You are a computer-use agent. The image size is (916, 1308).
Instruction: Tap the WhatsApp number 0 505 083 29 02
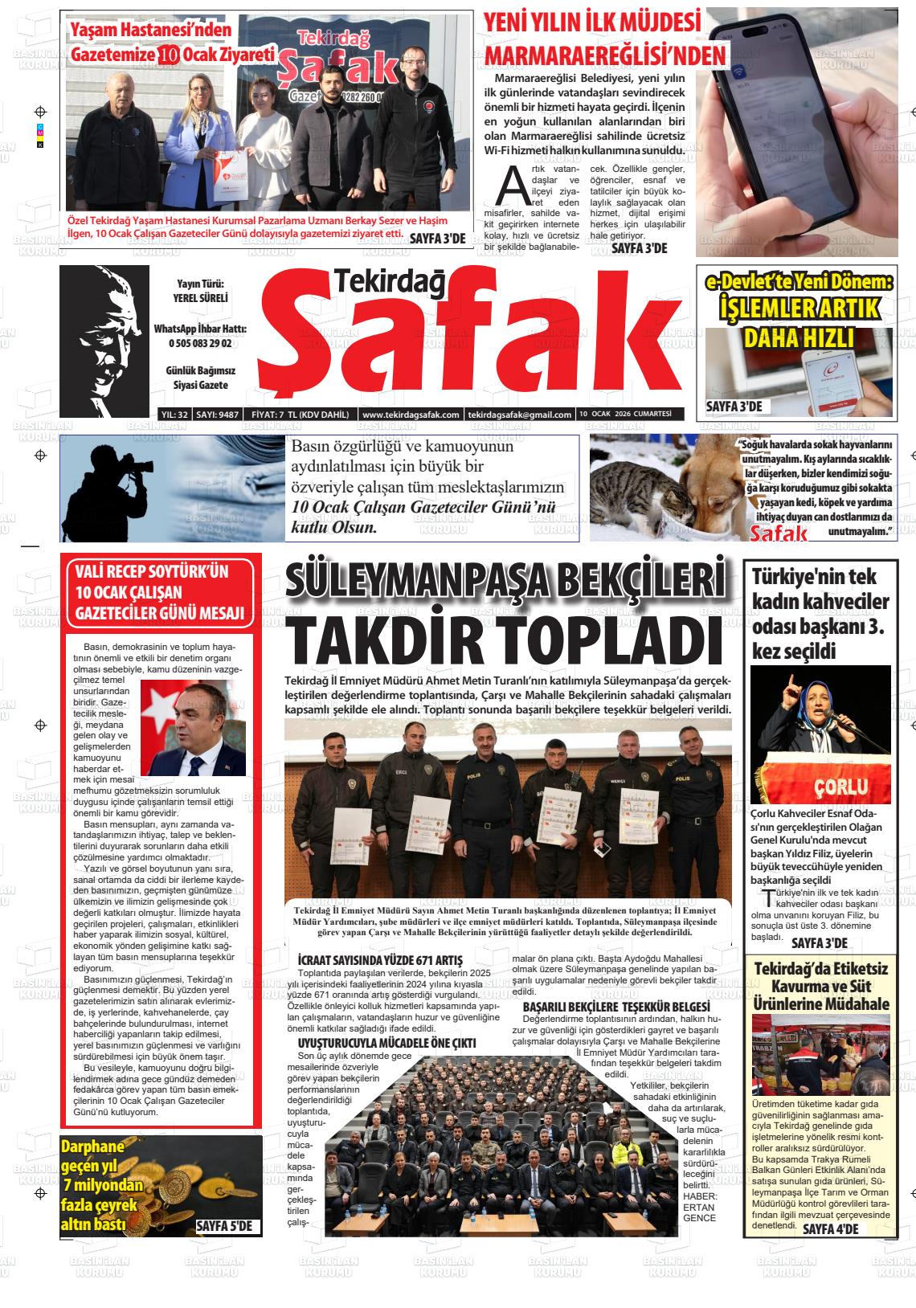coord(200,343)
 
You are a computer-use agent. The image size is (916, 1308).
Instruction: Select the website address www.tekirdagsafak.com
coord(411,415)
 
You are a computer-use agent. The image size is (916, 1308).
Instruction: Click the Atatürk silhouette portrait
coord(104,337)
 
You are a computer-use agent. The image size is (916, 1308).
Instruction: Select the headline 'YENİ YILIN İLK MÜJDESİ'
coord(592,22)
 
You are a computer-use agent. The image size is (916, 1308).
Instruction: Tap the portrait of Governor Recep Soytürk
coord(193,727)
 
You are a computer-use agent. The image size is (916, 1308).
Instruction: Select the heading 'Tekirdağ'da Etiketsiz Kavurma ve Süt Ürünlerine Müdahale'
coord(820,987)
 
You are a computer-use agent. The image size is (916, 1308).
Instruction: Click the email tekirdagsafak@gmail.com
coord(520,415)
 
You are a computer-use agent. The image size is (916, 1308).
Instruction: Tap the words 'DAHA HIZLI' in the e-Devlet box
coord(798,338)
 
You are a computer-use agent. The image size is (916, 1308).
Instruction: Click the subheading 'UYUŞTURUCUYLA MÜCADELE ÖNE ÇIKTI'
coord(386,1042)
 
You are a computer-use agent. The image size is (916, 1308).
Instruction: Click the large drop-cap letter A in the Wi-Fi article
coord(512,186)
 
